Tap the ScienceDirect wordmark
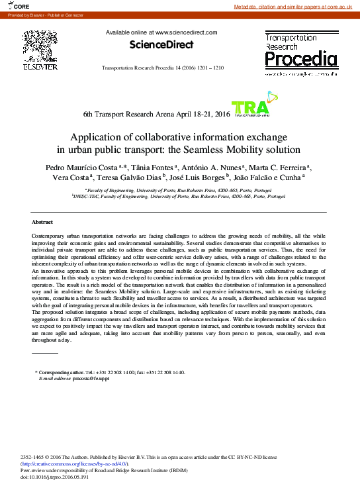coord(161,45)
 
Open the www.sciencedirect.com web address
coord(186,32)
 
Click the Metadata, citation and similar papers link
coord(296,6)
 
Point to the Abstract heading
coord(42,222)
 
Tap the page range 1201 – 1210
coord(210,69)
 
